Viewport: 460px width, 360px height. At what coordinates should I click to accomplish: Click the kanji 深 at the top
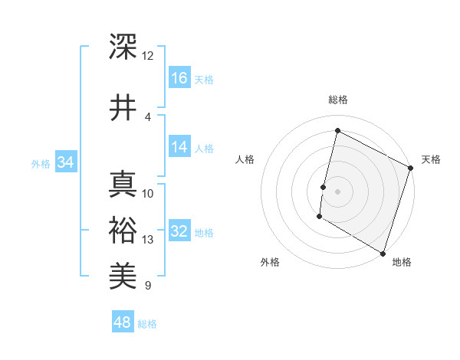pyautogui.click(x=123, y=47)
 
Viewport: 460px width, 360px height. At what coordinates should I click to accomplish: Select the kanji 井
pyautogui.click(x=123, y=107)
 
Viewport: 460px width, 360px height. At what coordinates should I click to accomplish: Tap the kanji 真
pyautogui.click(x=123, y=185)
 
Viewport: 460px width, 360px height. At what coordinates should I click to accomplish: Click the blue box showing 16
pyautogui.click(x=179, y=77)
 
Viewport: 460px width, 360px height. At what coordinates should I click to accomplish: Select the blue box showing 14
pyautogui.click(x=179, y=147)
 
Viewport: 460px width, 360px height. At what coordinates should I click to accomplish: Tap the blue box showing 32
pyautogui.click(x=179, y=232)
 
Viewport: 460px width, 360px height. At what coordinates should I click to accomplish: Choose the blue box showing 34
pyautogui.click(x=65, y=162)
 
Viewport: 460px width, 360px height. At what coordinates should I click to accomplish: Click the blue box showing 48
pyautogui.click(x=123, y=322)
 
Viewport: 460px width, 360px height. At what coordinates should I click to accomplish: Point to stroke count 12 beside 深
pyautogui.click(x=147, y=55)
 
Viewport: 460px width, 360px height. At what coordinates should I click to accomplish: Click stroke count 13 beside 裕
pyautogui.click(x=147, y=240)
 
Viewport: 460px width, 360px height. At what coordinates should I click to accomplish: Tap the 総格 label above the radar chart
pyautogui.click(x=337, y=100)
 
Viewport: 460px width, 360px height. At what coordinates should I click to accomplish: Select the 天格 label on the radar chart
pyautogui.click(x=431, y=159)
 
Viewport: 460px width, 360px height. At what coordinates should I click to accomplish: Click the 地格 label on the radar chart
pyautogui.click(x=402, y=263)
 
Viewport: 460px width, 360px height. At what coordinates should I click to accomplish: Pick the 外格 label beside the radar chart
pyautogui.click(x=270, y=263)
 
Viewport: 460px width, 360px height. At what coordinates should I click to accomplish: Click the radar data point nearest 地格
pyautogui.click(x=383, y=253)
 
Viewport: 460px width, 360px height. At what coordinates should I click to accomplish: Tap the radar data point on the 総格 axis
pyautogui.click(x=337, y=131)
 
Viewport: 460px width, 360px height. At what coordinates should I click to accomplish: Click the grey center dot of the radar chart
pyautogui.click(x=337, y=191)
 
